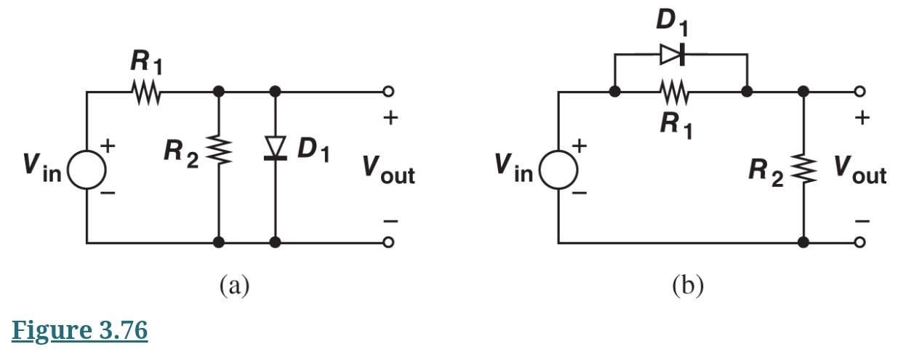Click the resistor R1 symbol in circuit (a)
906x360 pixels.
point(145,92)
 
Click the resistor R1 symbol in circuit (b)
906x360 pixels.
point(674,92)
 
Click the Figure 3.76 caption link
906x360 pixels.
point(80,330)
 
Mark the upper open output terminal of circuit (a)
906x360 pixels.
point(389,92)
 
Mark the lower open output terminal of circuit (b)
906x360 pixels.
point(860,242)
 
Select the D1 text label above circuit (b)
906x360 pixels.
point(672,22)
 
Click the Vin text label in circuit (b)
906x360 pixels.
point(513,169)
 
